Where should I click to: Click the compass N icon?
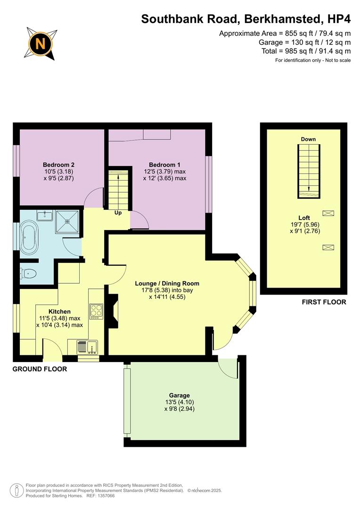[x=41, y=44]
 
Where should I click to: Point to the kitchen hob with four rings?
[x=96, y=311]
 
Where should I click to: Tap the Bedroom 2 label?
[x=59, y=164]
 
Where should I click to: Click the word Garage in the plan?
[x=179, y=395]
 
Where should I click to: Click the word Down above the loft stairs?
[x=308, y=139]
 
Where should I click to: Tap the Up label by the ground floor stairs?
[x=118, y=213]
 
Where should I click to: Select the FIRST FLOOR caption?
[x=324, y=302]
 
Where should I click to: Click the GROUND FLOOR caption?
[x=40, y=369]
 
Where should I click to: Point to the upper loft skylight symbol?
[x=328, y=213]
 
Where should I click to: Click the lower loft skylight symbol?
[x=328, y=247]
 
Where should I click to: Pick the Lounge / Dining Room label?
[x=167, y=283]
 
